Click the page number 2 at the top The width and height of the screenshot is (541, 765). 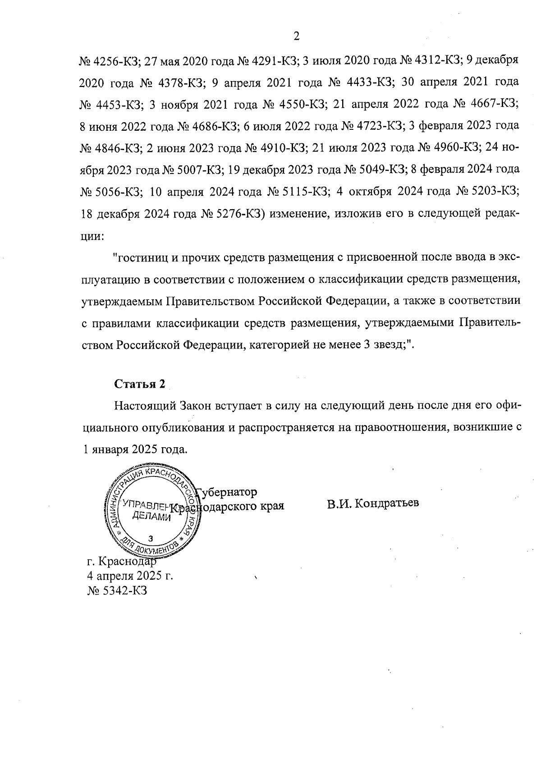pyautogui.click(x=296, y=37)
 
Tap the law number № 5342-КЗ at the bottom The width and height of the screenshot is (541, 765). pyautogui.click(x=117, y=591)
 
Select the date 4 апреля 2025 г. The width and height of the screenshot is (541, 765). pyautogui.click(x=130, y=576)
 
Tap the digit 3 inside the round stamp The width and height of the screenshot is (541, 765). pyautogui.click(x=151, y=538)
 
